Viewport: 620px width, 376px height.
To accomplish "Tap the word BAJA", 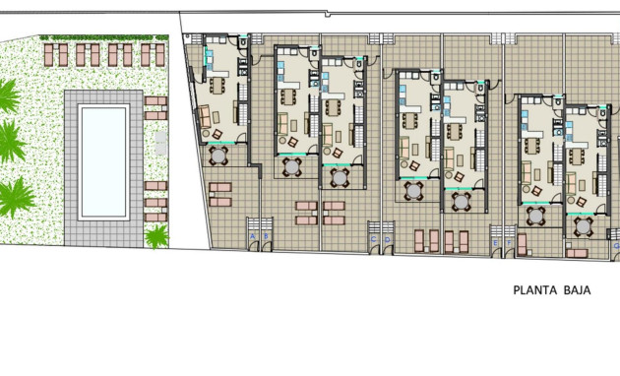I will [x=581, y=290].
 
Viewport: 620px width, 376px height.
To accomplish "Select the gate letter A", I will [x=253, y=237].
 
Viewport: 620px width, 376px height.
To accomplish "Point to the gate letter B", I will [x=265, y=237].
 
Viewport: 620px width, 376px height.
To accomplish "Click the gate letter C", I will [x=373, y=238].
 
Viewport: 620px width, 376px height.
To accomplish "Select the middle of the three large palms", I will [x=9, y=143].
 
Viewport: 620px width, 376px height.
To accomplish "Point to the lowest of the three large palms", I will [x=14, y=196].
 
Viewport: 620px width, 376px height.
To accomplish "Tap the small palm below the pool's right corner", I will [x=156, y=236].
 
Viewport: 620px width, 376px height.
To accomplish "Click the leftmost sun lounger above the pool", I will [x=50, y=54].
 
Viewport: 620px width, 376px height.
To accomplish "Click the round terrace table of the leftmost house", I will [x=218, y=156].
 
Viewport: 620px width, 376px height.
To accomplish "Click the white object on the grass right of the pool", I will [x=161, y=145].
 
